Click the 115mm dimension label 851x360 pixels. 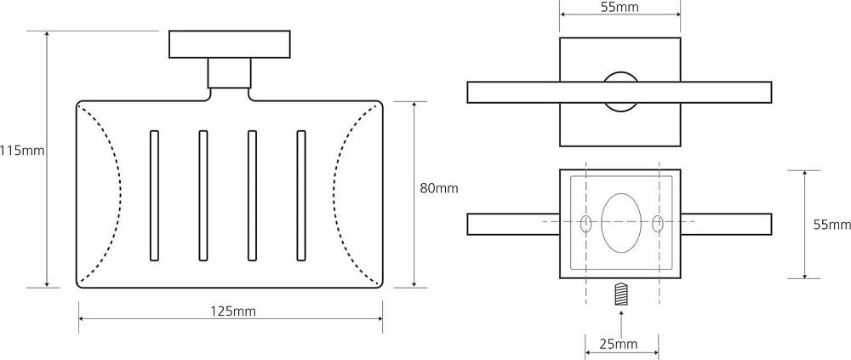(x=22, y=151)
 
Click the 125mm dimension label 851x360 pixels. (x=233, y=311)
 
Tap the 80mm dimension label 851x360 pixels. (x=439, y=188)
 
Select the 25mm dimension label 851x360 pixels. (x=619, y=343)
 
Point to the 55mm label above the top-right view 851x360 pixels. (x=620, y=7)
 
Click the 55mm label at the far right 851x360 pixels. (x=832, y=225)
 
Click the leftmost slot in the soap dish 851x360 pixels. (x=154, y=196)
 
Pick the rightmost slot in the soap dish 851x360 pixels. (x=301, y=196)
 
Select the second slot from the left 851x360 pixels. (x=203, y=196)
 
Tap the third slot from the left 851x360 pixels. (x=252, y=196)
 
